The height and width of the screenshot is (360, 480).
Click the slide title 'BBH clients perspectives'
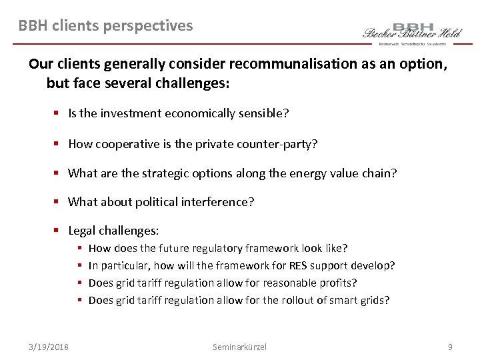coord(105,26)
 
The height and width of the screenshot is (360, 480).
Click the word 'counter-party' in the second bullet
coord(281,143)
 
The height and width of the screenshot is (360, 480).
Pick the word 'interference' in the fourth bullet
coord(219,202)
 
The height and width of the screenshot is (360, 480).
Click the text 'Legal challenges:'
coord(113,231)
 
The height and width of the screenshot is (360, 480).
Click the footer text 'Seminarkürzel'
coord(239,347)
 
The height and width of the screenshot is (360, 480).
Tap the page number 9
coord(451,347)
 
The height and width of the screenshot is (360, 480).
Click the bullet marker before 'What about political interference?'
coord(58,202)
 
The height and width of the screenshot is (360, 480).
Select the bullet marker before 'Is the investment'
coord(58,113)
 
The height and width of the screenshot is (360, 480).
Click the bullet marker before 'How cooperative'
coord(58,143)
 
